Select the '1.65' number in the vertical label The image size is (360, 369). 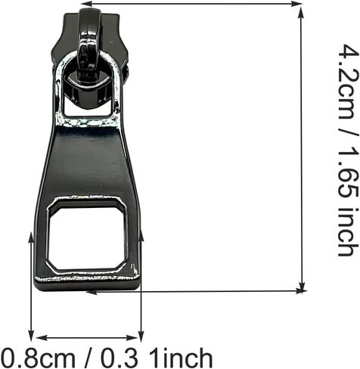pyautogui.click(x=348, y=174)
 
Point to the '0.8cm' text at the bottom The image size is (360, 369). pyautogui.click(x=38, y=358)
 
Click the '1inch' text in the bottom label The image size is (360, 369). pyautogui.click(x=181, y=358)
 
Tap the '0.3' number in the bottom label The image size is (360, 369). pyautogui.click(x=119, y=358)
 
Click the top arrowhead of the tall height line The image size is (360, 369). pyautogui.click(x=301, y=13)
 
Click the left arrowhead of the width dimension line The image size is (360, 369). pyautogui.click(x=42, y=338)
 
